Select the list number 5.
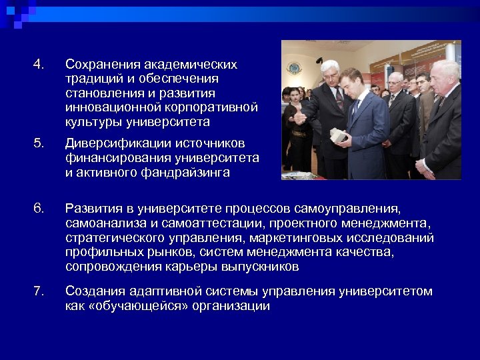38,143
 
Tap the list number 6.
38,209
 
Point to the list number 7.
38,291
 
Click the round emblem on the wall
294,68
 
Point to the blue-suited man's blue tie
355,106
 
